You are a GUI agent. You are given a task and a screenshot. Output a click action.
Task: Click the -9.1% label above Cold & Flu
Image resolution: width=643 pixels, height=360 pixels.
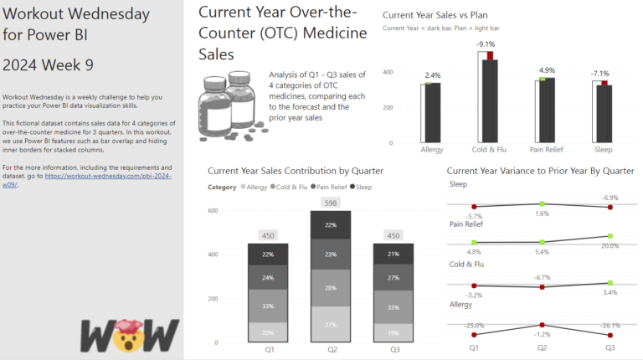point(486,44)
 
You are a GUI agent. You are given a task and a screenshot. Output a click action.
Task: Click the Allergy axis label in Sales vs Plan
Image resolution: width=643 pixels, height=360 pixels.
point(431,150)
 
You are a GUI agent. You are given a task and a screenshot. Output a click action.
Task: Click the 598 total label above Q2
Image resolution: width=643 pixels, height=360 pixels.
point(331,203)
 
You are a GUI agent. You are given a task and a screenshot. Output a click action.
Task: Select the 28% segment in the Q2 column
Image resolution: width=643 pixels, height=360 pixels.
point(331,288)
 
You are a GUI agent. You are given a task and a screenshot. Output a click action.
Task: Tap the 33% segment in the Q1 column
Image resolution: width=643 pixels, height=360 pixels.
point(268,306)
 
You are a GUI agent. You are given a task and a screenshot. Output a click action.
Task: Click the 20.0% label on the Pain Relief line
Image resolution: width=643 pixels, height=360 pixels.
point(610,246)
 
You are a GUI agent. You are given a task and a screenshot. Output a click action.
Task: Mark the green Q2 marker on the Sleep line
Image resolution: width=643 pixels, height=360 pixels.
point(543,203)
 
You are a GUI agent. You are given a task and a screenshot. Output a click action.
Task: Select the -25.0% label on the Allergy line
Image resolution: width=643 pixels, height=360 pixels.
point(474,326)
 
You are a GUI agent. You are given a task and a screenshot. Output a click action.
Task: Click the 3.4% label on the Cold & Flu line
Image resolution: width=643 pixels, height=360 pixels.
point(610,292)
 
